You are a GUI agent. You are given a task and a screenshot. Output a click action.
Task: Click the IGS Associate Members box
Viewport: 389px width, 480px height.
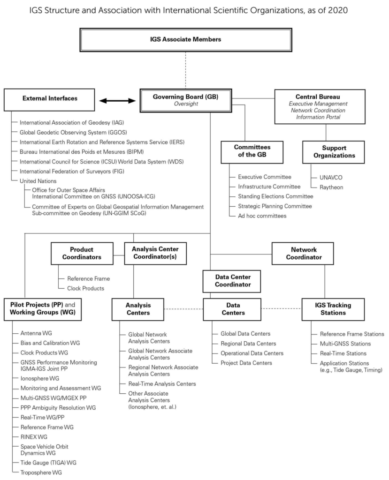pos(185,40)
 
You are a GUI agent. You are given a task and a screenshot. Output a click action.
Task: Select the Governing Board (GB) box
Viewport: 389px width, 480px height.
pos(185,100)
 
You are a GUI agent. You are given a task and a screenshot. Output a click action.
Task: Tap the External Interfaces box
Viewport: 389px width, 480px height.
pos(49,100)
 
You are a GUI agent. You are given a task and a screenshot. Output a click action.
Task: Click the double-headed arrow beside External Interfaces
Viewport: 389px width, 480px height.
pos(117,101)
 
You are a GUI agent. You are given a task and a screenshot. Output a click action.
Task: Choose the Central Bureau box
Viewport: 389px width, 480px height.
pos(320,106)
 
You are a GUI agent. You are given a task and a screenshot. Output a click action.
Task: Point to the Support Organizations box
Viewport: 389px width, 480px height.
pos(334,152)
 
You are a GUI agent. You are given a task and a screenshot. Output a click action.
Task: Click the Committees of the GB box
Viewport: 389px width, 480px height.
pos(252,152)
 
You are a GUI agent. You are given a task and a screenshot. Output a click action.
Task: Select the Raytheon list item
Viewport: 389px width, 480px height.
pos(331,187)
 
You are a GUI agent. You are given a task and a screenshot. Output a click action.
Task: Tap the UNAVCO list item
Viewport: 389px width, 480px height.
pos(331,178)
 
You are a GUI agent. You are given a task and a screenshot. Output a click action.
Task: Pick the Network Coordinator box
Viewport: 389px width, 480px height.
pos(303,254)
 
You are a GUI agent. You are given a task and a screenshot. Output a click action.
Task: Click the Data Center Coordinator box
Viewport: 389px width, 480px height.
pos(232,281)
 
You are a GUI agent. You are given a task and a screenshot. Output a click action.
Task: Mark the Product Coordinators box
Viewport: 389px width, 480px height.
pos(82,254)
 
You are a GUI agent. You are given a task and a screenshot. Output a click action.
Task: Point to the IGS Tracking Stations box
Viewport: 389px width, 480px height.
pos(333,309)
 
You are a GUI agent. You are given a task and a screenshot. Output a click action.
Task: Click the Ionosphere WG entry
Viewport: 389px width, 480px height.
pos(40,378)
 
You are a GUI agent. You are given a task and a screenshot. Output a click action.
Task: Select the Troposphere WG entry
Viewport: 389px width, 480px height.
pos(41,472)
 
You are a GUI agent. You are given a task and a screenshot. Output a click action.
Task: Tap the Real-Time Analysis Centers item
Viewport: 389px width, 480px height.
pos(162,384)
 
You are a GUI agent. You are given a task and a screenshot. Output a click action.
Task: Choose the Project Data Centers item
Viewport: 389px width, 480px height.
pos(246,363)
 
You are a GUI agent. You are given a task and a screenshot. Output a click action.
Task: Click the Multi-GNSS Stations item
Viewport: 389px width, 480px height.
pos(345,344)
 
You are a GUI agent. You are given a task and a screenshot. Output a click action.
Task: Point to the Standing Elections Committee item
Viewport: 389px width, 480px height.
pos(275,196)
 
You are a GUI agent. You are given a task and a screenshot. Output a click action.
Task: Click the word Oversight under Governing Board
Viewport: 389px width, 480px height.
pos(186,104)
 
